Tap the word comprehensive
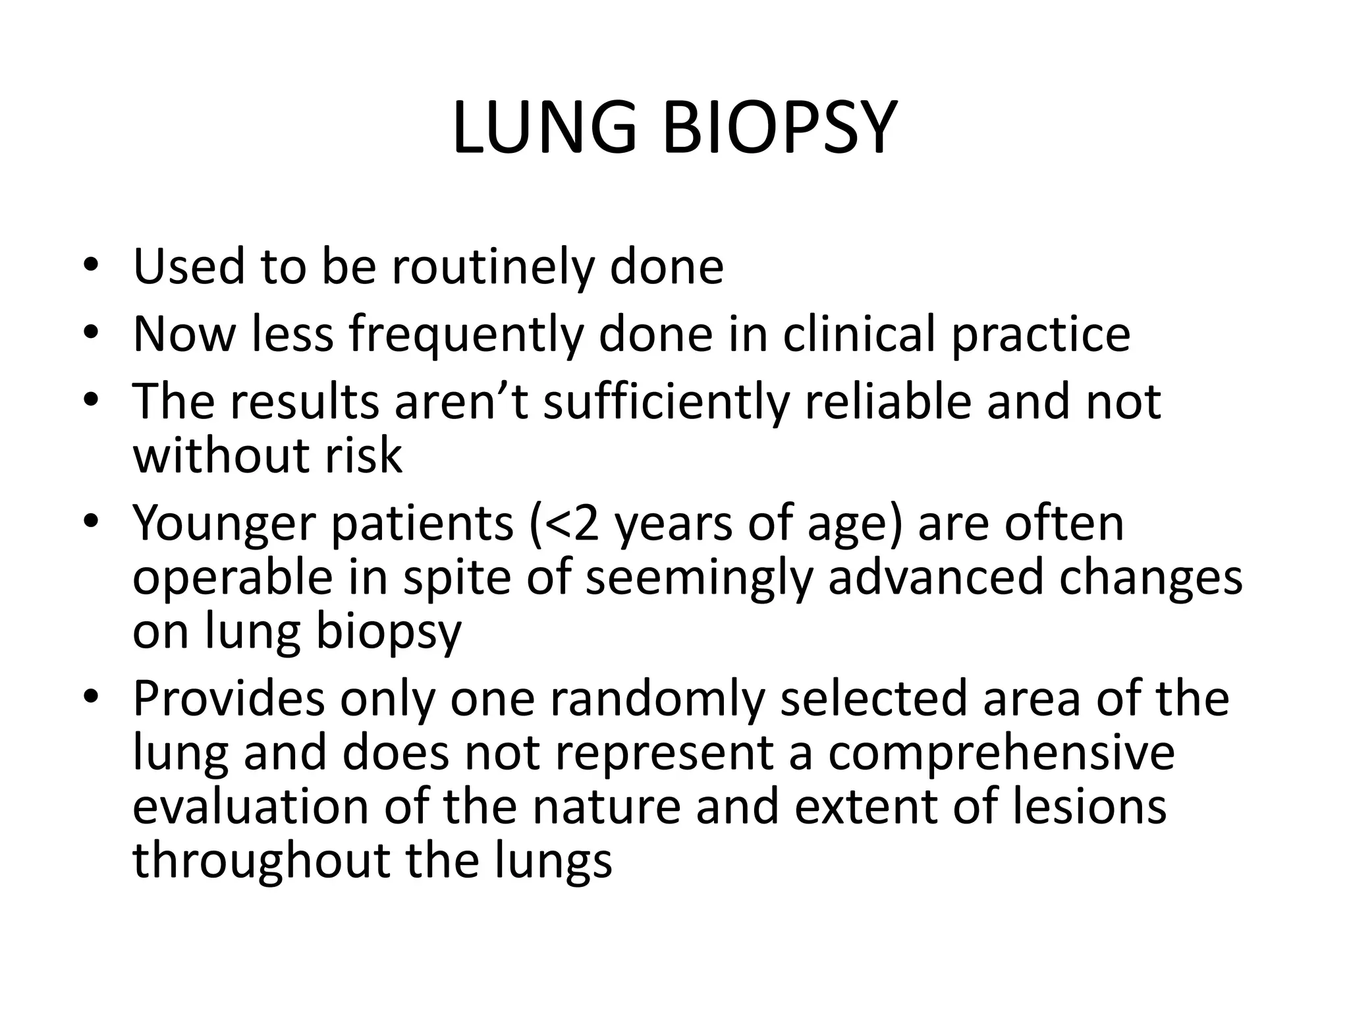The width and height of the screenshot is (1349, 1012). [1001, 754]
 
